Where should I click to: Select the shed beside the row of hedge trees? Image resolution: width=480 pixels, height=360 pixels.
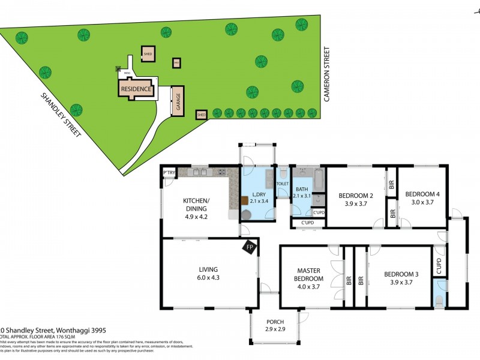(202, 114)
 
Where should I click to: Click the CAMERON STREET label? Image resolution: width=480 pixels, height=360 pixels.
(328, 74)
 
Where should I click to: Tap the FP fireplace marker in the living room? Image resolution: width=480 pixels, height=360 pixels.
(248, 246)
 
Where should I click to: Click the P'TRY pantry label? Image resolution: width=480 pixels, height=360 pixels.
(169, 173)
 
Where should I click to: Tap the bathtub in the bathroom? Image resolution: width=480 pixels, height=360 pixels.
(318, 179)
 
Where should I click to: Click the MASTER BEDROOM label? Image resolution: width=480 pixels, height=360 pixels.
(308, 274)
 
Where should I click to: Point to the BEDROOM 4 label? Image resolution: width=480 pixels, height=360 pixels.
(422, 194)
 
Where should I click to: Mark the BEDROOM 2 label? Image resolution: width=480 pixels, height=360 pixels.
(356, 196)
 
